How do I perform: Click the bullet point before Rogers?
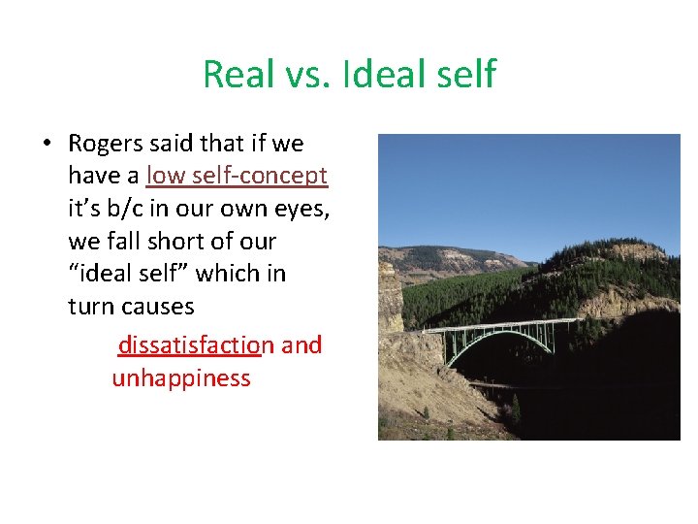tap(47, 145)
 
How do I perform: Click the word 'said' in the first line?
tap(174, 145)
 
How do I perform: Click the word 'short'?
tap(174, 242)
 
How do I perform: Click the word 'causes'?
tap(158, 307)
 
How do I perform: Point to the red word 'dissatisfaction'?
tap(191, 345)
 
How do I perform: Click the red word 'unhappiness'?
tap(181, 378)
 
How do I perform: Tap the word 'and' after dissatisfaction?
tap(302, 345)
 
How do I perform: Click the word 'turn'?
tap(89, 307)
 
